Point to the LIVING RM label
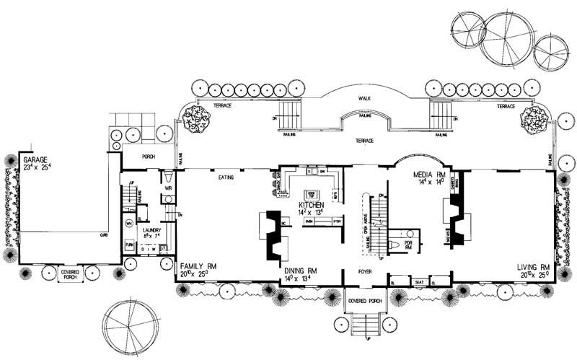(x=534, y=268)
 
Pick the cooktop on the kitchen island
(x=312, y=193)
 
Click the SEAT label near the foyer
(x=418, y=281)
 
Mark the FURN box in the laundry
(x=130, y=246)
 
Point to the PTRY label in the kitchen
(x=335, y=223)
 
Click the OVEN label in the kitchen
(x=310, y=223)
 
